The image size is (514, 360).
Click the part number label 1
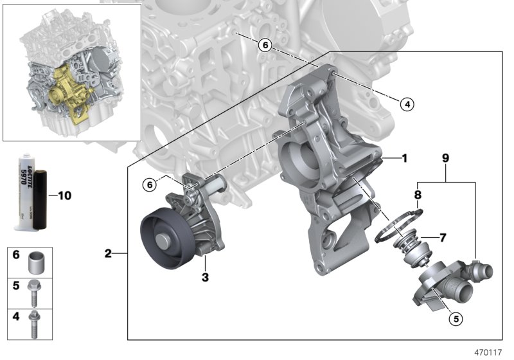[x=404, y=157]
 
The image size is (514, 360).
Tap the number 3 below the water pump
[x=206, y=278]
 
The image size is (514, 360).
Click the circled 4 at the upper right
[x=405, y=103]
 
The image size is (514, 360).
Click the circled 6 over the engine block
[x=264, y=45]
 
